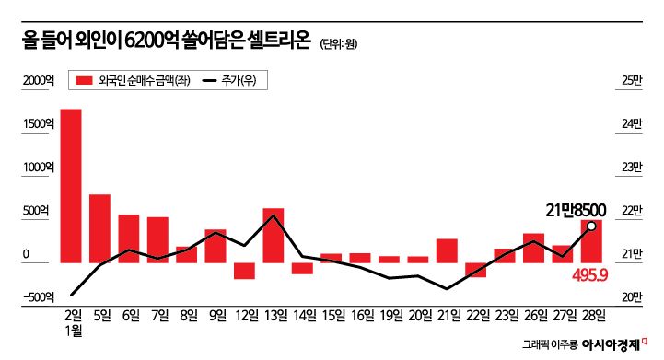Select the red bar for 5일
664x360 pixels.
(99, 228)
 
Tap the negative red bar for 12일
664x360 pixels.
(243, 271)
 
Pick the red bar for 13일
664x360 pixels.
(273, 235)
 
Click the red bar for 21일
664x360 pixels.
(447, 250)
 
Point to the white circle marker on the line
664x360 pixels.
(590, 226)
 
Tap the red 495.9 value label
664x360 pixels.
(587, 273)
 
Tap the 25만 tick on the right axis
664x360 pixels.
(632, 81)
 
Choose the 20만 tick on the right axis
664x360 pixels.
(632, 296)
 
